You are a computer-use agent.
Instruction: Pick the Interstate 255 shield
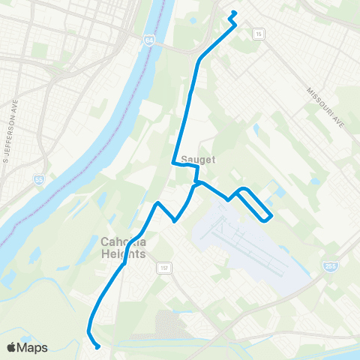(x=330, y=267)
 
